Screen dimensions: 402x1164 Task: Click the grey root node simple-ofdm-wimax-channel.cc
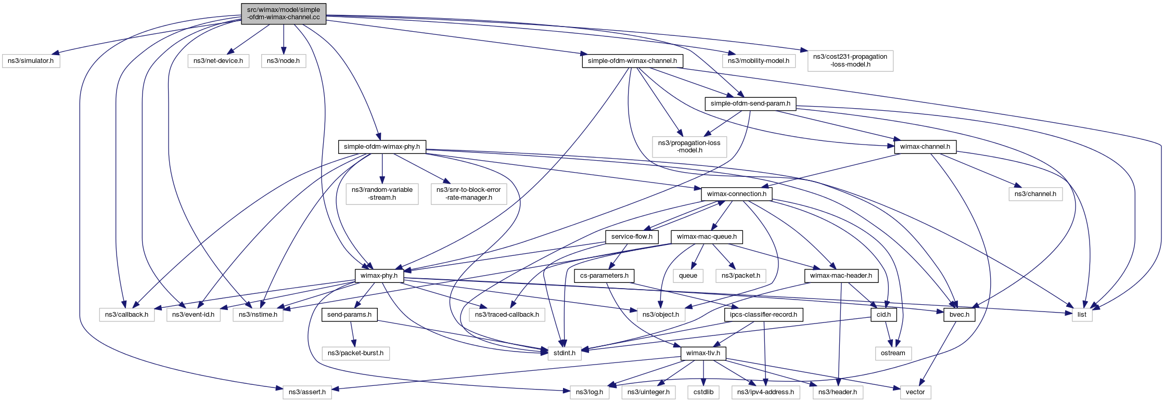tap(284, 14)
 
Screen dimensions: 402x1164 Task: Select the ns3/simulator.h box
tap(31, 61)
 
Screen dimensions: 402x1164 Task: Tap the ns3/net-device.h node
tap(218, 61)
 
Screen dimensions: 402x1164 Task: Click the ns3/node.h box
tap(283, 61)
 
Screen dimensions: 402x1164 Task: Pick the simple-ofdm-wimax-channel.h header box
tap(632, 61)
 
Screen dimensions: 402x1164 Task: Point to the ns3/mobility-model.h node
tap(759, 61)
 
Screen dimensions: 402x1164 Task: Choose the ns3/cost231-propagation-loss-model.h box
tap(850, 60)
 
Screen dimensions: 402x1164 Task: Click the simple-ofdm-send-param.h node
tap(750, 103)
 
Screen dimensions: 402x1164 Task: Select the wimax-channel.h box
tap(925, 147)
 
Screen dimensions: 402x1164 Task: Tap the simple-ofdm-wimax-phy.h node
tap(382, 147)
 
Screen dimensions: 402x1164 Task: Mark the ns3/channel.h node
tap(1035, 194)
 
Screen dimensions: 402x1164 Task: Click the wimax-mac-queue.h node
tap(707, 237)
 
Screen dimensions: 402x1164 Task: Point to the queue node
tap(688, 276)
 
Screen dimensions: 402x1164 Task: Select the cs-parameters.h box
tap(604, 276)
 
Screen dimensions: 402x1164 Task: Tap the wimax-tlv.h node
tap(703, 353)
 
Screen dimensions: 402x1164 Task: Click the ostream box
tap(893, 353)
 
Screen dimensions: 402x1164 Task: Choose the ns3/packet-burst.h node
tap(355, 353)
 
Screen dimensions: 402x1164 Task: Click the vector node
tap(915, 392)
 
